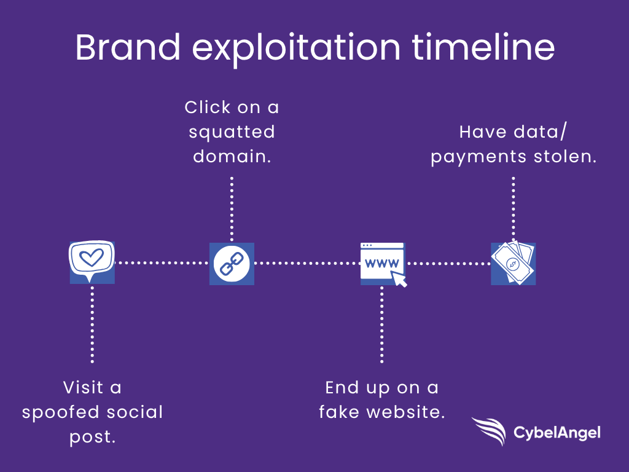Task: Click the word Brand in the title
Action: [128, 47]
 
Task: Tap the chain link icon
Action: [232, 264]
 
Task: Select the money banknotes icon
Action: [514, 263]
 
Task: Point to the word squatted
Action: [232, 133]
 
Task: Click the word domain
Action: [232, 156]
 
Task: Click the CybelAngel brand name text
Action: [557, 433]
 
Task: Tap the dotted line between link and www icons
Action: [307, 263]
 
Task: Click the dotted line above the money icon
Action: [514, 209]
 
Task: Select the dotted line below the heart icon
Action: [92, 324]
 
